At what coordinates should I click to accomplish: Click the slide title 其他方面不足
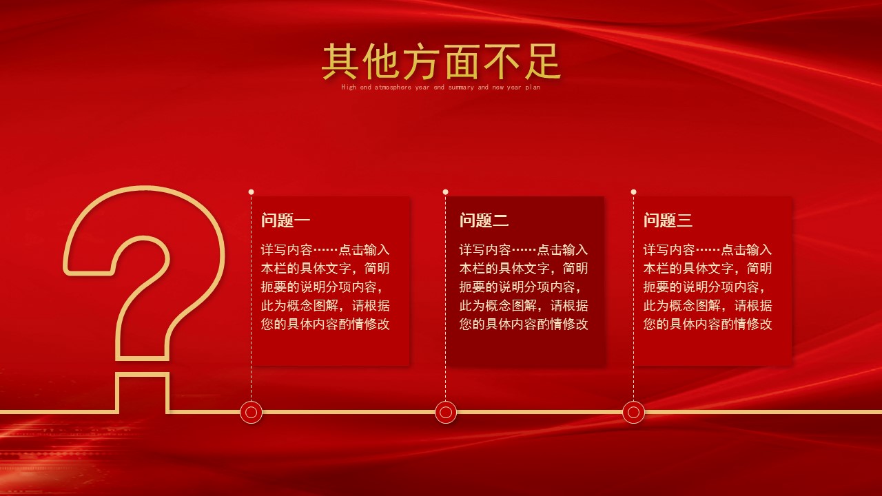[441, 61]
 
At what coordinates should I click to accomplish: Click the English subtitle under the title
[441, 87]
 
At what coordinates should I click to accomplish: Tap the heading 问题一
[285, 220]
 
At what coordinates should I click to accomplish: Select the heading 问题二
[484, 220]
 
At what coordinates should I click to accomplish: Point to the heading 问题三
[668, 220]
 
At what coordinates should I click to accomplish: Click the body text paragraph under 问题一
[325, 287]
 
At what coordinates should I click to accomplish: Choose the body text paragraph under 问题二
[524, 287]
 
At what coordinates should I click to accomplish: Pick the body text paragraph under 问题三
[708, 287]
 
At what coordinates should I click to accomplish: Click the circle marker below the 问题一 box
[251, 412]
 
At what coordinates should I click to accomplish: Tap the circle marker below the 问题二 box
[446, 412]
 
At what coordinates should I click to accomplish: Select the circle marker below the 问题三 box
[633, 412]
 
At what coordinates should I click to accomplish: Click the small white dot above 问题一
[251, 192]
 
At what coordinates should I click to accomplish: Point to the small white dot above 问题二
[445, 192]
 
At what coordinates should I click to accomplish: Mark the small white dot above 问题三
[633, 192]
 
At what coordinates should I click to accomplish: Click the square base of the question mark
[143, 393]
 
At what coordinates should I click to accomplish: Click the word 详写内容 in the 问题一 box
[287, 250]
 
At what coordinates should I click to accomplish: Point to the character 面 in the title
[461, 61]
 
